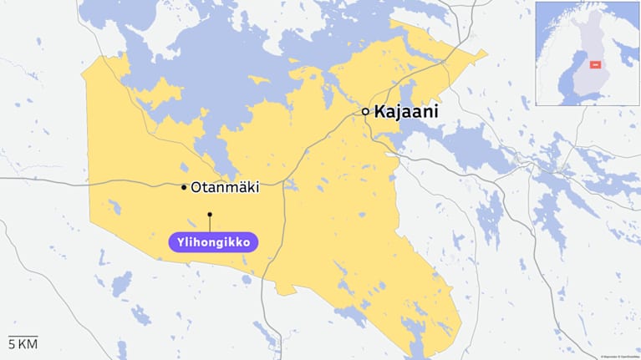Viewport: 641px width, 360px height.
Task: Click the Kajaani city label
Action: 406,111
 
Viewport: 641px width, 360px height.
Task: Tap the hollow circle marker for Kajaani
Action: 365,111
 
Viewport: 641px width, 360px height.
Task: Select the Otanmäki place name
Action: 225,188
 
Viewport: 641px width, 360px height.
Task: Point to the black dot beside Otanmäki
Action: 184,188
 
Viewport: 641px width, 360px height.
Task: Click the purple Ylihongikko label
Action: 213,242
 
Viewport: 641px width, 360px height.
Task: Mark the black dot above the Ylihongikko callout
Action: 210,215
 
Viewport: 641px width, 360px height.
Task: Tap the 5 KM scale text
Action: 23,344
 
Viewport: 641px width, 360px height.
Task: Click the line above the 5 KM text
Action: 23,335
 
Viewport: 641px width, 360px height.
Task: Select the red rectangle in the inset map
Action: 596,64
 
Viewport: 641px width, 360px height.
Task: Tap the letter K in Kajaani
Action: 380,111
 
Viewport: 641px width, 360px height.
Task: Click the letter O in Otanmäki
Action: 197,188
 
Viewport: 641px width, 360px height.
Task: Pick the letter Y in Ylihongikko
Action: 180,242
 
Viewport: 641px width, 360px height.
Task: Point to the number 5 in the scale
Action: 12,344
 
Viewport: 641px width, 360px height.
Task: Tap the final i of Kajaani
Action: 436,111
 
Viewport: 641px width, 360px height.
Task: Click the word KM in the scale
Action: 28,344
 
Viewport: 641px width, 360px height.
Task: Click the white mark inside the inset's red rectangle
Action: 596,64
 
